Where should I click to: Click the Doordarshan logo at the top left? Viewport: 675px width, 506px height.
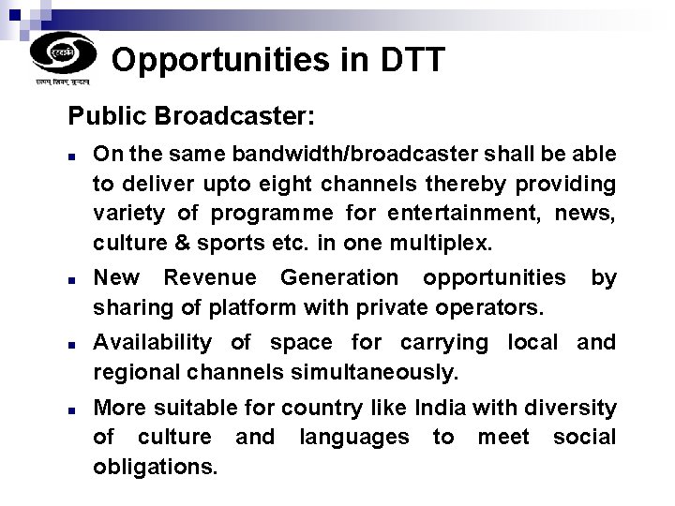pyautogui.click(x=63, y=54)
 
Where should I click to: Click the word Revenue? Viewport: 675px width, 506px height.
pyautogui.click(x=209, y=277)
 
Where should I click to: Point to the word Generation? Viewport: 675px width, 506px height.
pyautogui.click(x=338, y=277)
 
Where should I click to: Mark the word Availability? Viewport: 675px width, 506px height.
pyautogui.click(x=152, y=343)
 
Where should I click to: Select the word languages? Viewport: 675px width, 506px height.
pyautogui.click(x=353, y=438)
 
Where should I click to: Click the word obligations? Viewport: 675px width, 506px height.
pyautogui.click(x=155, y=466)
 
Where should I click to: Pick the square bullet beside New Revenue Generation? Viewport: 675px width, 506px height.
pyautogui.click(x=72, y=278)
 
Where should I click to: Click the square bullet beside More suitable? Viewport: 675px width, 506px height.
pyautogui.click(x=72, y=409)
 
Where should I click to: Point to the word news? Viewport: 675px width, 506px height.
pyautogui.click(x=584, y=213)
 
